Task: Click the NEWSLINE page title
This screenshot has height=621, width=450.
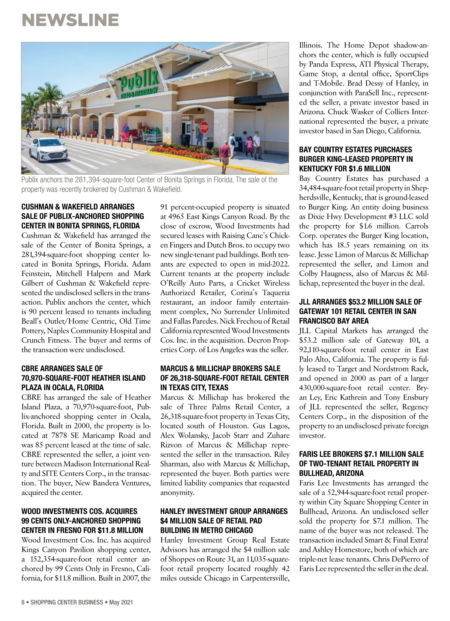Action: [x=70, y=20]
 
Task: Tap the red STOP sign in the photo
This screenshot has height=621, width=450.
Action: [x=204, y=129]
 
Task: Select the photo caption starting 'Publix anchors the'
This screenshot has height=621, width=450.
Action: [x=149, y=184]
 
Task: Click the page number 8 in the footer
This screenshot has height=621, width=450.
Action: [x=23, y=602]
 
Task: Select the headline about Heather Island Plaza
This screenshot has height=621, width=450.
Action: [x=83, y=378]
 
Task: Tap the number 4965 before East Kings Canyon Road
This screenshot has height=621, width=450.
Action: [x=179, y=217]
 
